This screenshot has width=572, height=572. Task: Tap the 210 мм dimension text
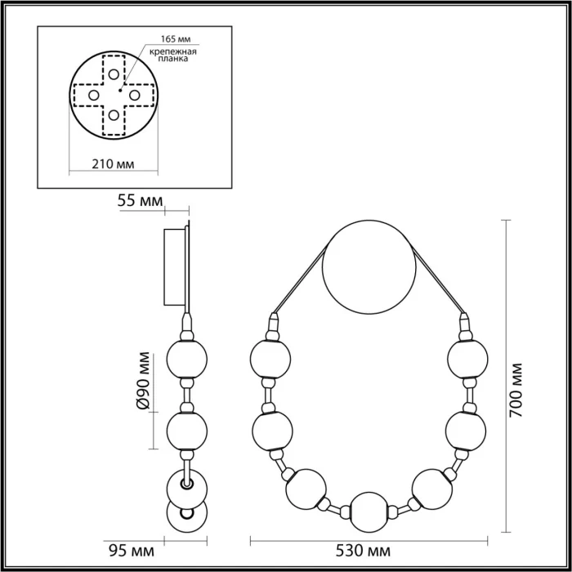coord(113,163)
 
